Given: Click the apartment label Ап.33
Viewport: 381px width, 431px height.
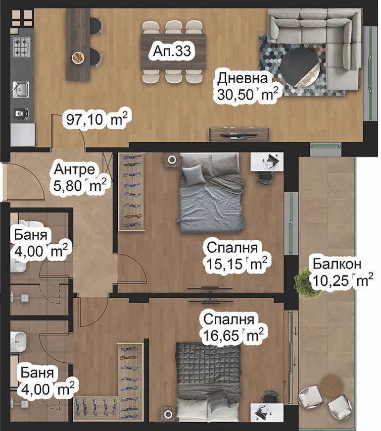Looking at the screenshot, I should click(x=172, y=50).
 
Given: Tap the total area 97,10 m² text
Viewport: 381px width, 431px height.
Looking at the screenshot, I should click(x=97, y=119).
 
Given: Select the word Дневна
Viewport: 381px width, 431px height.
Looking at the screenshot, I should click(x=243, y=78).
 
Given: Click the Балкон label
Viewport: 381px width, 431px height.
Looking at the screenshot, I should click(x=336, y=264).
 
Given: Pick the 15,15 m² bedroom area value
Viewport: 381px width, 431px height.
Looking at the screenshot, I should click(x=238, y=264).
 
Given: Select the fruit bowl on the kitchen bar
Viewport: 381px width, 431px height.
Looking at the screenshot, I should click(x=78, y=57).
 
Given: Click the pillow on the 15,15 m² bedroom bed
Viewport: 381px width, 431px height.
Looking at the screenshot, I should click(x=193, y=174).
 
